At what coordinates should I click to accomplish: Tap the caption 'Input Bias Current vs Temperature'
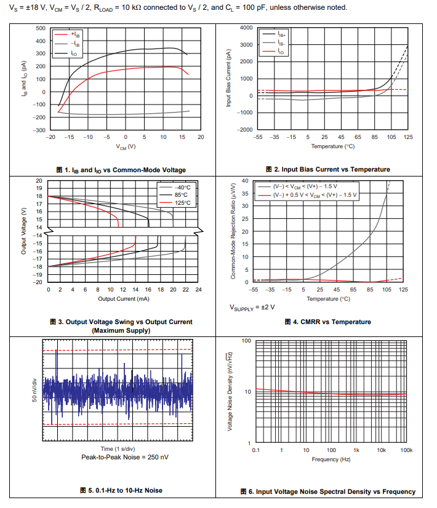pos(327,170)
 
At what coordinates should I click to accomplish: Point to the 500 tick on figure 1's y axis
pos(40,29)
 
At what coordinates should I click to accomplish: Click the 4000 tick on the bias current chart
pos(244,28)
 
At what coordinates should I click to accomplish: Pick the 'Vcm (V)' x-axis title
pos(126,146)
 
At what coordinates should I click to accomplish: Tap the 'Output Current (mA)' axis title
pos(123,299)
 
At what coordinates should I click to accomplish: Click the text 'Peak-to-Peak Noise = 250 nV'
pos(125,457)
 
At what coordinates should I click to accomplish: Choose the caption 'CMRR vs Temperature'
pos(327,322)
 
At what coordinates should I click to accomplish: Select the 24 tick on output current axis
pos(198,289)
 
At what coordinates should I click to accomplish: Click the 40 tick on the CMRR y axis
pos(245,181)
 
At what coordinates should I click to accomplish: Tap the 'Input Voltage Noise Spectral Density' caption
pos(332,491)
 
